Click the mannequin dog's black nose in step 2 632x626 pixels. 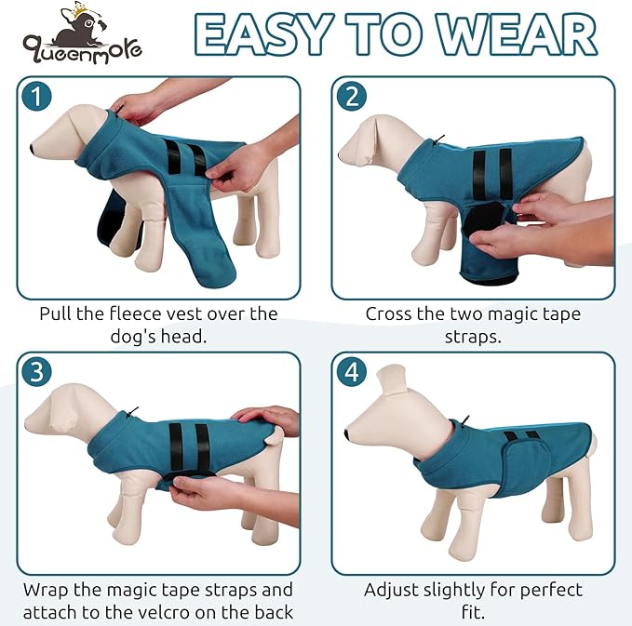342,150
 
